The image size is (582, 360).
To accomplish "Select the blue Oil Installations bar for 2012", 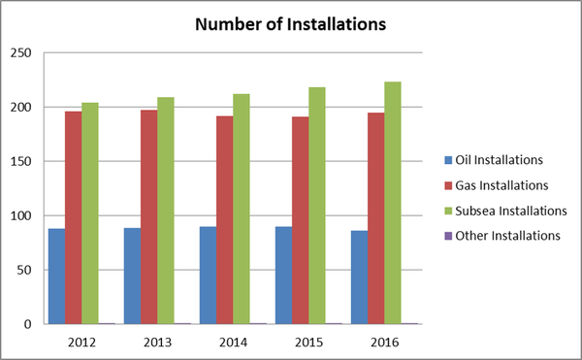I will (x=56, y=277).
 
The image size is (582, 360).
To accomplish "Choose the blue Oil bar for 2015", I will (x=283, y=276).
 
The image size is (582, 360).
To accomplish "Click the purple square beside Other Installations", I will (x=447, y=235).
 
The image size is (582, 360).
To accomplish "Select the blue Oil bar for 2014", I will (x=208, y=276).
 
